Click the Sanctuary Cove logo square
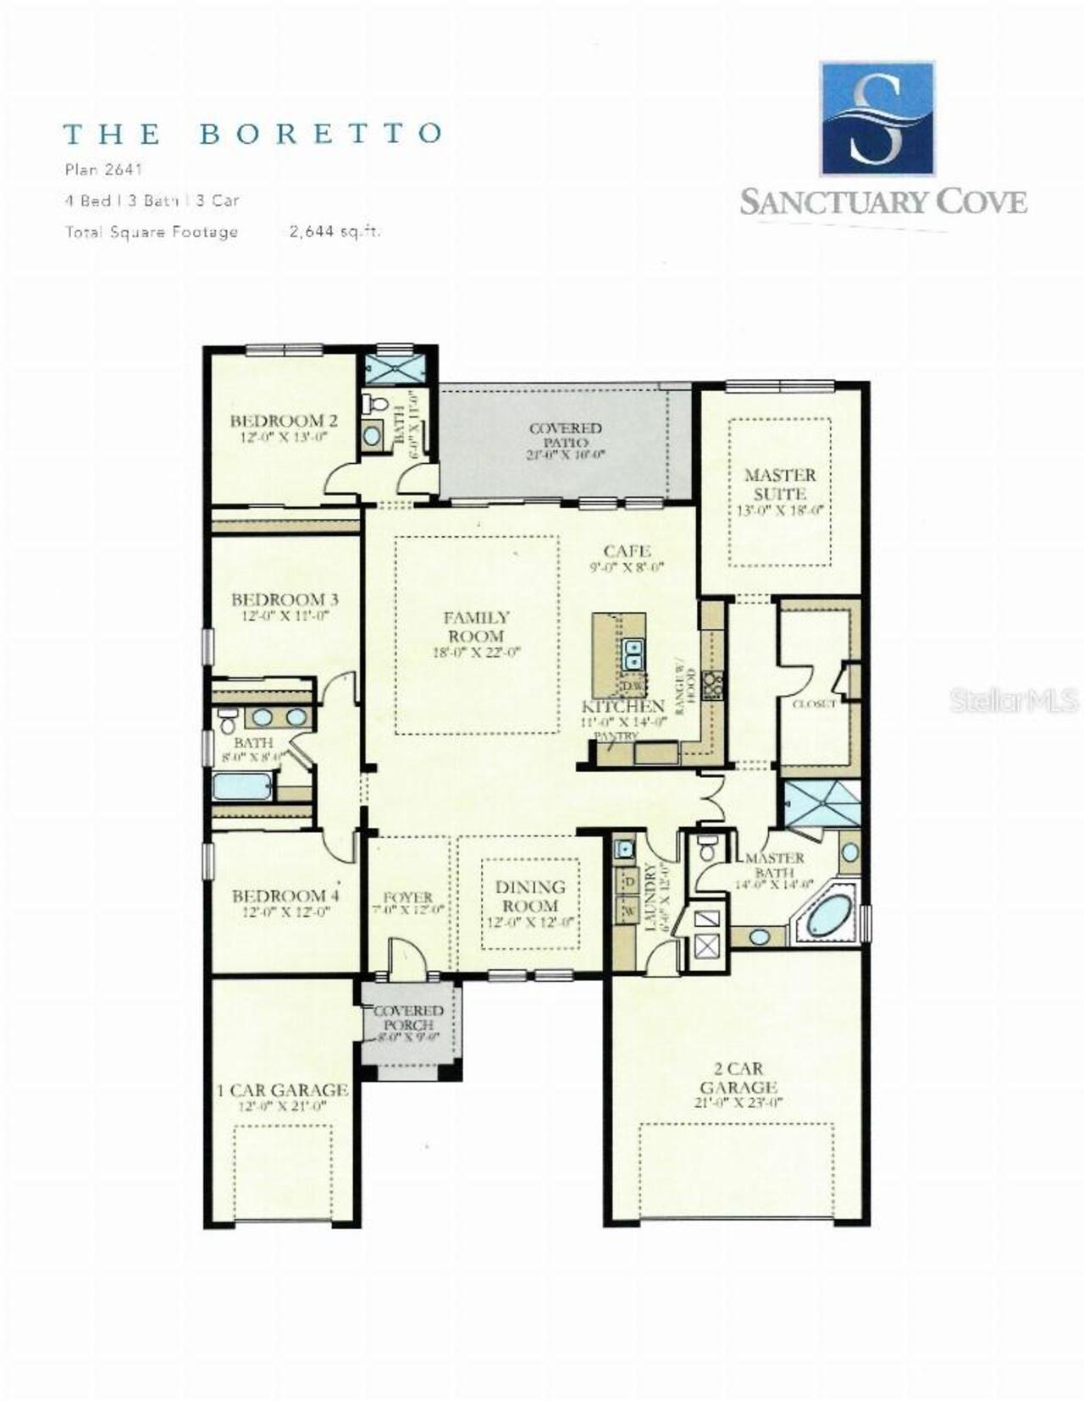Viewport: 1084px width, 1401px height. click(x=877, y=118)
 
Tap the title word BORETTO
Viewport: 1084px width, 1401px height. click(x=321, y=134)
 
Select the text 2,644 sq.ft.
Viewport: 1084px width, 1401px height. click(x=335, y=232)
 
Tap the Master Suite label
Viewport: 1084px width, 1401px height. click(x=779, y=484)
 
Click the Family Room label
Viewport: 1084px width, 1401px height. click(x=476, y=626)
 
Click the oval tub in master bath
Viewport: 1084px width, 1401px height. click(x=827, y=916)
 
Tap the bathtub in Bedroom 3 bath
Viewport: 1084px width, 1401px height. click(x=242, y=786)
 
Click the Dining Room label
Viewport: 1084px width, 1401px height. click(x=530, y=896)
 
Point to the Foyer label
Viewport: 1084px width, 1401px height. click(x=407, y=897)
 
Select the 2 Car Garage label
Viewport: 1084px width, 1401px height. click(x=738, y=1078)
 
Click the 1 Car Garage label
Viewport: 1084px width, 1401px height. click(x=283, y=1090)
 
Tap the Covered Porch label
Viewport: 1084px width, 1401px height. click(x=408, y=1018)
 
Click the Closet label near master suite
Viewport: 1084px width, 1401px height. click(x=814, y=703)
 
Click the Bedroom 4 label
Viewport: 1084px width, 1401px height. click(x=285, y=896)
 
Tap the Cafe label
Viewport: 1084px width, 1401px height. click(x=627, y=551)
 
